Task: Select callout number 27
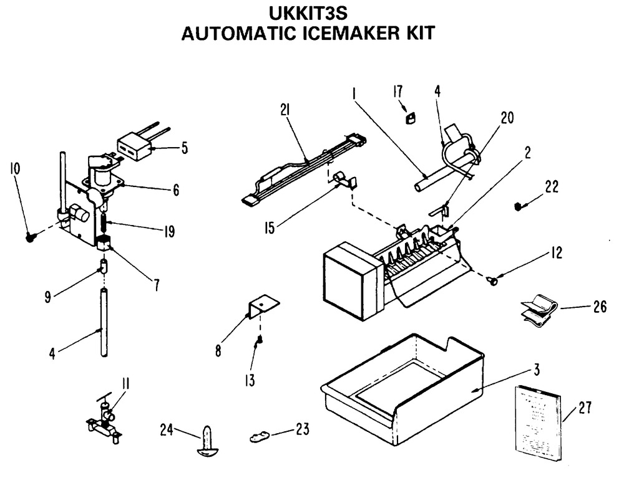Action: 584,408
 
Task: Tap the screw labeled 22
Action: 519,206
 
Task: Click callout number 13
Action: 250,380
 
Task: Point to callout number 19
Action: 168,232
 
